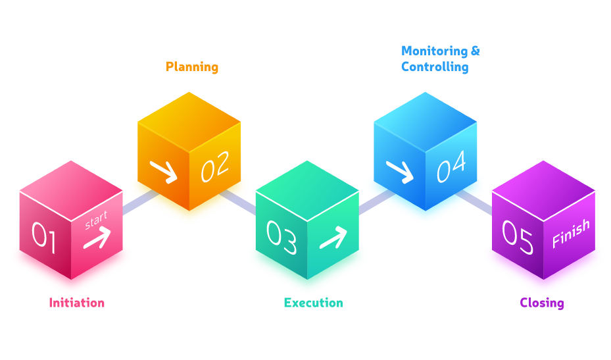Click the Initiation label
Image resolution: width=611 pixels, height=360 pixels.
pyautogui.click(x=76, y=303)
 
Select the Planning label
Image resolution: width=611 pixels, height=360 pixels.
pyautogui.click(x=192, y=66)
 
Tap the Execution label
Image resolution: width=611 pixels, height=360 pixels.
pyautogui.click(x=313, y=303)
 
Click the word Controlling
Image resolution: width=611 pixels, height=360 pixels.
pyautogui.click(x=435, y=66)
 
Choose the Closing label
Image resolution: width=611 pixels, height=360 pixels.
pyautogui.click(x=542, y=303)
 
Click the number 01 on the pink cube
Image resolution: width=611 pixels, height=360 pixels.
pyautogui.click(x=44, y=238)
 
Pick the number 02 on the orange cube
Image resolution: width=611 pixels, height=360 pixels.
pyautogui.click(x=215, y=167)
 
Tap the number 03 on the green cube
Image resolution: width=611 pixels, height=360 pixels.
pyautogui.click(x=281, y=238)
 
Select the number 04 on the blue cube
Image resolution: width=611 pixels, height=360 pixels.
pyautogui.click(x=452, y=167)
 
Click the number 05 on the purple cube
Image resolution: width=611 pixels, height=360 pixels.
pyautogui.click(x=518, y=238)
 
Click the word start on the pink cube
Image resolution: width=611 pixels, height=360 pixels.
pyautogui.click(x=96, y=220)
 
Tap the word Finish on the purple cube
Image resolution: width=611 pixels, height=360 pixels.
pyautogui.click(x=570, y=234)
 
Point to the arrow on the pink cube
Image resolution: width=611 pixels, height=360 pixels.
pyautogui.click(x=97, y=238)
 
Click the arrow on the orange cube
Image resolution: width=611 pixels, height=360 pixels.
pyautogui.click(x=163, y=171)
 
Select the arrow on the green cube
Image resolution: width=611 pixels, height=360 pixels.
pyautogui.click(x=333, y=238)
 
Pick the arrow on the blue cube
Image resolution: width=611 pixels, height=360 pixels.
pyautogui.click(x=399, y=171)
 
